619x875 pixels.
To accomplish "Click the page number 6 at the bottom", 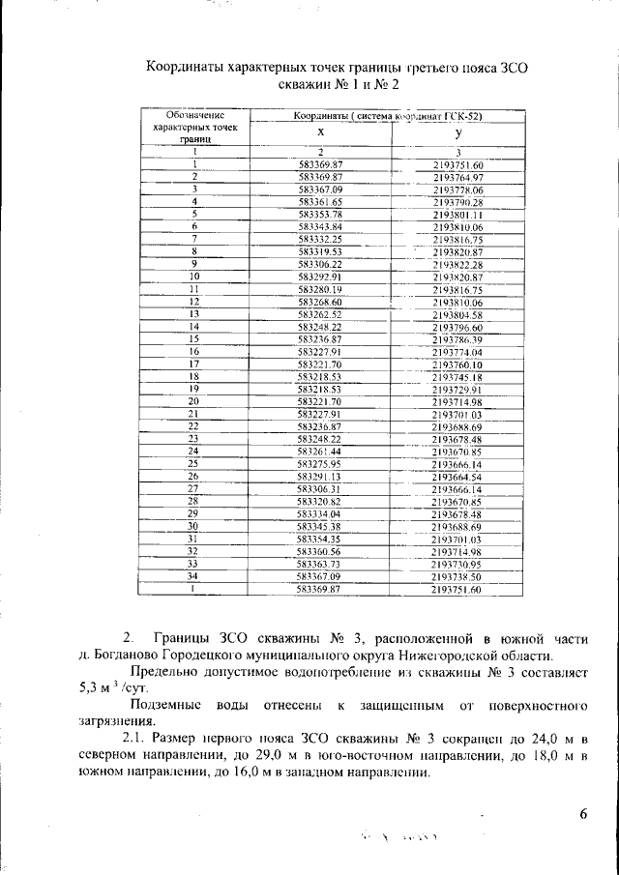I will pos(583,815).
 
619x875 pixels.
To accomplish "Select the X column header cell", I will pos(319,132).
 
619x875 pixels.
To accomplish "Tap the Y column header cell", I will pos(457,132).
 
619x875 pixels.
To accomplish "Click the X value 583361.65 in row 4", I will pos(319,201).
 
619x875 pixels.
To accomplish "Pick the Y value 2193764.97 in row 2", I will pos(457,177).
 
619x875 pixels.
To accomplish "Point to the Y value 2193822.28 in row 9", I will pos(457,264).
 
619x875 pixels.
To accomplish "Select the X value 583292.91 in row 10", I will pos(319,277).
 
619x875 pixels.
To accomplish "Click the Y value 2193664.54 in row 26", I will pos(457,476).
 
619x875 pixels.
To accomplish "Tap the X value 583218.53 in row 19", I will pos(319,389).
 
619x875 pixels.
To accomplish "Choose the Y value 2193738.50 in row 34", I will pos(457,575).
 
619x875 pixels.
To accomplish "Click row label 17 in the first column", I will pos(194,364).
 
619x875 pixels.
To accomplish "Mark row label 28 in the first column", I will pos(194,501).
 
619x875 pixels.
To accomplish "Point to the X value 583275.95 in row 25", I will pos(319,463).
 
